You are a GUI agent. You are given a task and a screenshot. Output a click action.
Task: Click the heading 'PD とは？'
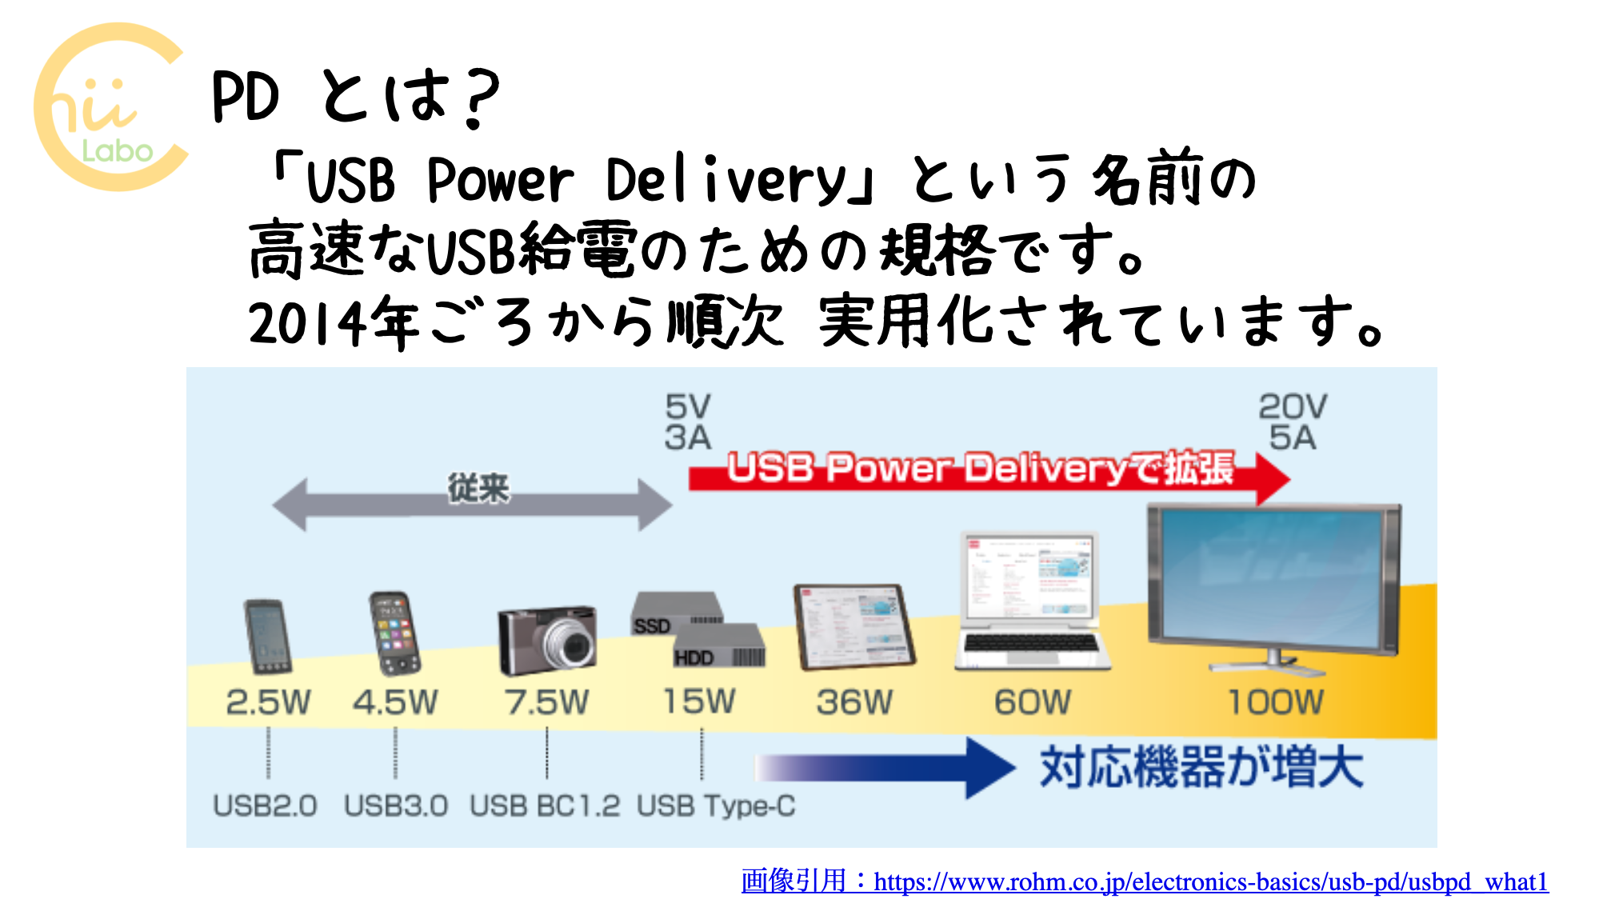pyautogui.click(x=356, y=97)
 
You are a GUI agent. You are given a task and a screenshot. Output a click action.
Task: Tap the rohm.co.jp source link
pyautogui.click(x=1145, y=881)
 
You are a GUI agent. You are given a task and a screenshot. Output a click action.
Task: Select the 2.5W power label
pyautogui.click(x=268, y=702)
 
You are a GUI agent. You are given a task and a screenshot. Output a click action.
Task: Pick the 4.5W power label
pyautogui.click(x=395, y=702)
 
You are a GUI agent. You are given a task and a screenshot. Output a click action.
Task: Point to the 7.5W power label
pyautogui.click(x=546, y=702)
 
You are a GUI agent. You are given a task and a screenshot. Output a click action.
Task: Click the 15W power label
pyautogui.click(x=699, y=701)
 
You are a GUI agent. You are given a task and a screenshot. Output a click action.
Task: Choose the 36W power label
pyautogui.click(x=854, y=702)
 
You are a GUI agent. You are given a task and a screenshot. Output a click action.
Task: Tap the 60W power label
pyautogui.click(x=1033, y=702)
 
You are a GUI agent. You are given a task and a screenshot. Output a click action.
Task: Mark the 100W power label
pyautogui.click(x=1276, y=702)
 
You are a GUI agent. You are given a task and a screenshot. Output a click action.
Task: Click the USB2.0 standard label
pyautogui.click(x=265, y=805)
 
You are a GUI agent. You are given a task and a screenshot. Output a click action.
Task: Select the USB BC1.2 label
pyautogui.click(x=545, y=805)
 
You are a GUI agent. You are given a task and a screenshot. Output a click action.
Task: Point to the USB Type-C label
pyautogui.click(x=716, y=805)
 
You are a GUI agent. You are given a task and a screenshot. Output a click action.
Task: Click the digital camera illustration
pyautogui.click(x=547, y=640)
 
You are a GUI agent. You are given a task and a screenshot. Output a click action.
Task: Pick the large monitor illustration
pyautogui.click(x=1273, y=584)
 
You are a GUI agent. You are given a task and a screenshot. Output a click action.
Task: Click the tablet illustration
pyautogui.click(x=853, y=627)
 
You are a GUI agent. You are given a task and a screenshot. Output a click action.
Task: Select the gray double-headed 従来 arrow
pyautogui.click(x=472, y=504)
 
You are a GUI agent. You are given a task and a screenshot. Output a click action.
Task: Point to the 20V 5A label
pyautogui.click(x=1293, y=422)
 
